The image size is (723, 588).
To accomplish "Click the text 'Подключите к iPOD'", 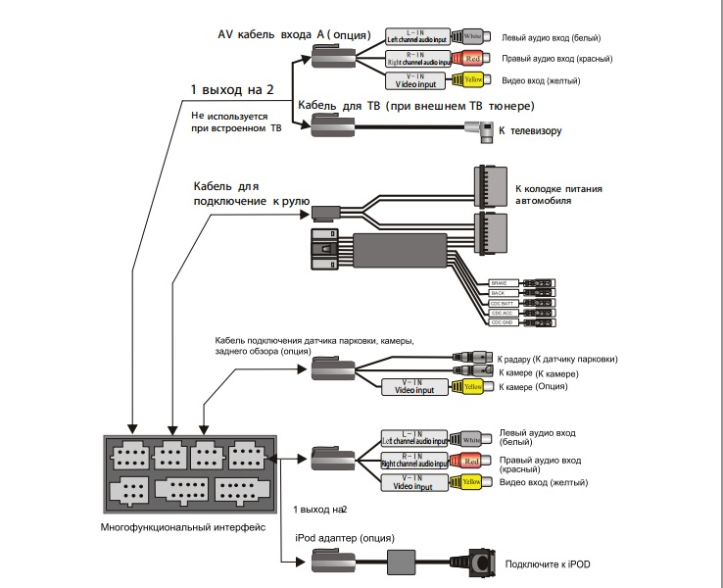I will [547, 563].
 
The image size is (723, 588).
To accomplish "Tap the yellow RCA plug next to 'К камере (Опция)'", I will [474, 387].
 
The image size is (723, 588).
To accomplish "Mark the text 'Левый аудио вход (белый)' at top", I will [551, 38].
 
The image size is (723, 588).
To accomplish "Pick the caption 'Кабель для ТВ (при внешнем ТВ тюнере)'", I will [416, 105].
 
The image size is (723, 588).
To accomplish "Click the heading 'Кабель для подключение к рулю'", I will [251, 193].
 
